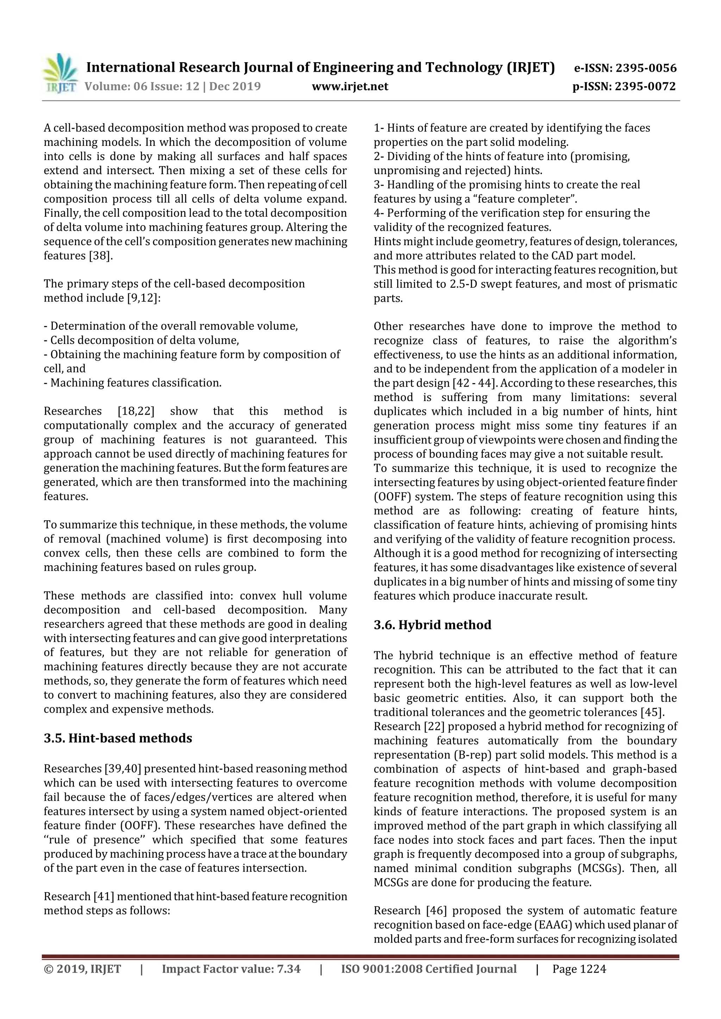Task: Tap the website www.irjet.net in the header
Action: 350,87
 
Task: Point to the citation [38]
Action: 100,256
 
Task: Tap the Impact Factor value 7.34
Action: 288,969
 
